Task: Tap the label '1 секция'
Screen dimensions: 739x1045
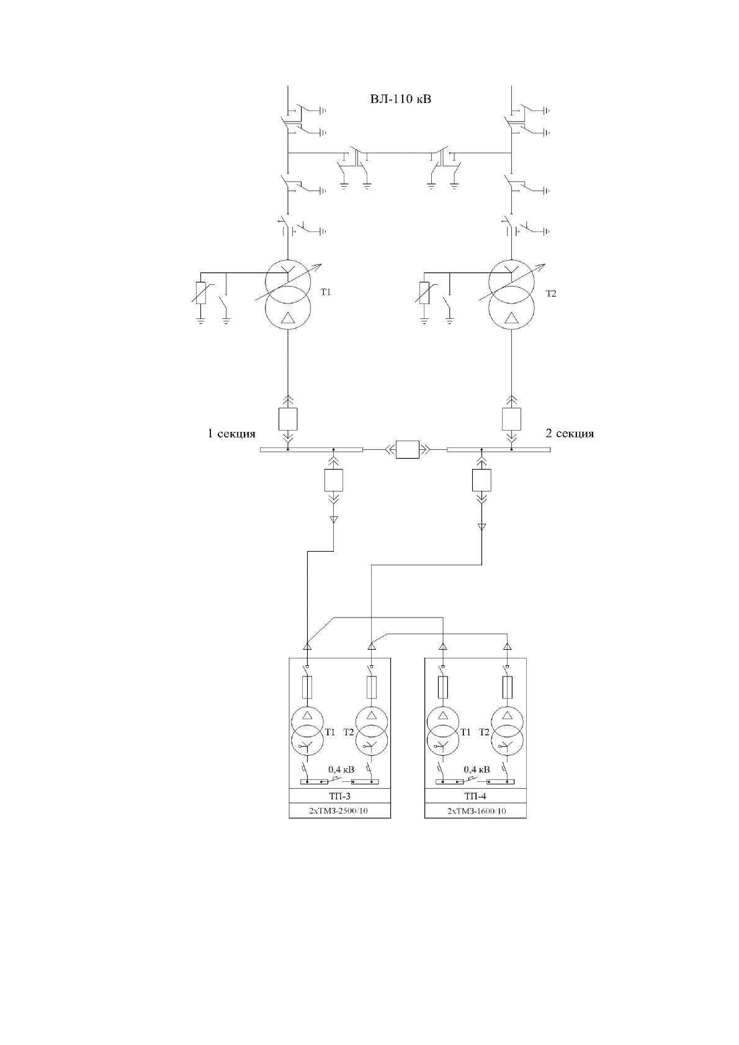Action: click(231, 434)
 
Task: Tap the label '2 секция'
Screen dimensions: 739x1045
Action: click(570, 434)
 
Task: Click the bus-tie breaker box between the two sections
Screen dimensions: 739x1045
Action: click(407, 450)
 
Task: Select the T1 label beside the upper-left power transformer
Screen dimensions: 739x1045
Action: click(326, 292)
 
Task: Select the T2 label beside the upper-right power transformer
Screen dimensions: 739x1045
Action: click(551, 294)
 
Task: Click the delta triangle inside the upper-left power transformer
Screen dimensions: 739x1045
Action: click(289, 318)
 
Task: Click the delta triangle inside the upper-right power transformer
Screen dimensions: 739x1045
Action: click(512, 318)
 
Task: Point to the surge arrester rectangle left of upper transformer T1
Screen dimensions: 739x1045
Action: click(200, 293)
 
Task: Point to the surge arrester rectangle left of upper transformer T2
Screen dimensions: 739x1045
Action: click(424, 293)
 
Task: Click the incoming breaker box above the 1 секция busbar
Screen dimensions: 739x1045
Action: click(288, 419)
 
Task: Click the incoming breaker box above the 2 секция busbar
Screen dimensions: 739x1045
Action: click(511, 419)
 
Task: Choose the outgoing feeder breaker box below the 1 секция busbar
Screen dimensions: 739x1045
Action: click(333, 480)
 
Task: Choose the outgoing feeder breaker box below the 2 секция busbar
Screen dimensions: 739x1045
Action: click(481, 480)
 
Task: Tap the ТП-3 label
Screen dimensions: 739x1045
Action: click(339, 796)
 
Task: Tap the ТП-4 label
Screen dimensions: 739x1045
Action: click(475, 796)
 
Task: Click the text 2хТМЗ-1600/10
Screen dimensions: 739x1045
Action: click(476, 811)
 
